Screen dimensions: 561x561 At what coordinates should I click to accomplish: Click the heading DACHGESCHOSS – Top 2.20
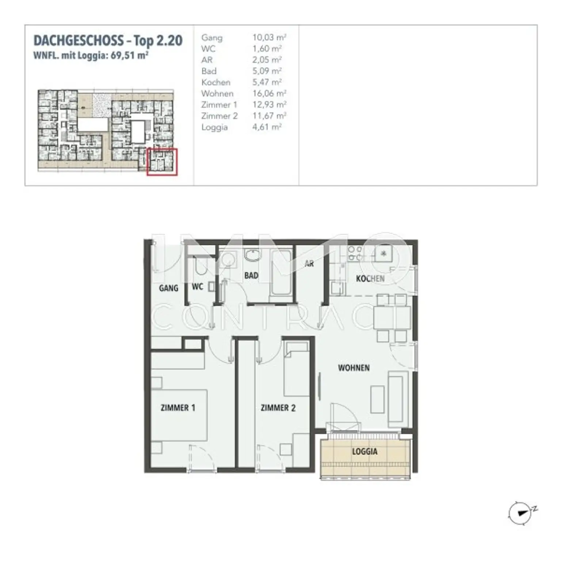(108, 41)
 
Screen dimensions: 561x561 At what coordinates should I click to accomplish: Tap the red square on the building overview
(162, 162)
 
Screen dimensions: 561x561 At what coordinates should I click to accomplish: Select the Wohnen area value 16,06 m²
(269, 93)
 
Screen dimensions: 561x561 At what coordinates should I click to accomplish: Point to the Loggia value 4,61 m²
(267, 127)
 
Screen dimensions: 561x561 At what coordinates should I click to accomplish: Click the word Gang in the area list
(211, 38)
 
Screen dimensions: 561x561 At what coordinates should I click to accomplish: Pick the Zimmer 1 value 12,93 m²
(269, 105)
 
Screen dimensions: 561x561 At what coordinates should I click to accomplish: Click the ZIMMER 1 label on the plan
(178, 408)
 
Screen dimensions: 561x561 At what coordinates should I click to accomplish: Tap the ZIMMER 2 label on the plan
(278, 408)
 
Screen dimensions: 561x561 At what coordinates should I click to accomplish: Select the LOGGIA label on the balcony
(365, 451)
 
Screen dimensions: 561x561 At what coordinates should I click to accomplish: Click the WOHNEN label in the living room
(354, 368)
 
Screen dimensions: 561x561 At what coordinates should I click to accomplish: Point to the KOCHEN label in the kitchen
(370, 279)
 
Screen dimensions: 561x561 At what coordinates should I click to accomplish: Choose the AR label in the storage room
(309, 263)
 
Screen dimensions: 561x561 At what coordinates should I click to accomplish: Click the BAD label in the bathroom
(251, 275)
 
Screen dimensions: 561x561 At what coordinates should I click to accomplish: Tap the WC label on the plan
(197, 287)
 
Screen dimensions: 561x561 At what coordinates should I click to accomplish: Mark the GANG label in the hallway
(168, 288)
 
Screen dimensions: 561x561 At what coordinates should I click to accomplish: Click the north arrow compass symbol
(520, 513)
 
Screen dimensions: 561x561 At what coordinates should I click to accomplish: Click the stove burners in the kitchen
(354, 253)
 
